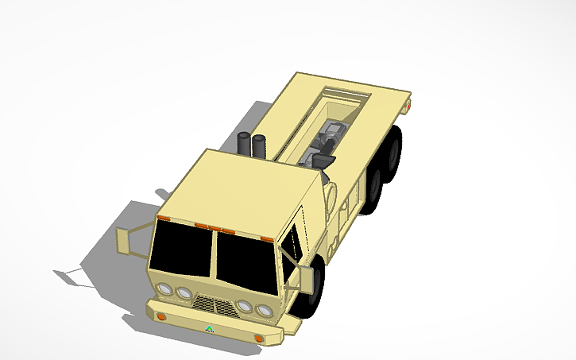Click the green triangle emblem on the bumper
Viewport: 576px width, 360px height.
click(x=209, y=327)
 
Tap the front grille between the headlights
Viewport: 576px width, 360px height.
click(x=212, y=304)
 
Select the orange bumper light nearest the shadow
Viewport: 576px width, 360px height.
click(x=161, y=316)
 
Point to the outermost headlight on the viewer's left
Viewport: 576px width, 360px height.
click(x=164, y=288)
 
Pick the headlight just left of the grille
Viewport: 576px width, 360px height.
click(x=184, y=293)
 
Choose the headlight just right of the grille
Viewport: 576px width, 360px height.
click(x=245, y=306)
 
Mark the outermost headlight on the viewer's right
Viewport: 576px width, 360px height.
click(x=265, y=310)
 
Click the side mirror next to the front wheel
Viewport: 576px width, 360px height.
click(x=305, y=279)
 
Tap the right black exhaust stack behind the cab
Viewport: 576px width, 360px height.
click(x=259, y=145)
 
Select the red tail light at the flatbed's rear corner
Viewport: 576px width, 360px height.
click(x=409, y=104)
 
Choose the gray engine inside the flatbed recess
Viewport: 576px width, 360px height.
click(x=329, y=141)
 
